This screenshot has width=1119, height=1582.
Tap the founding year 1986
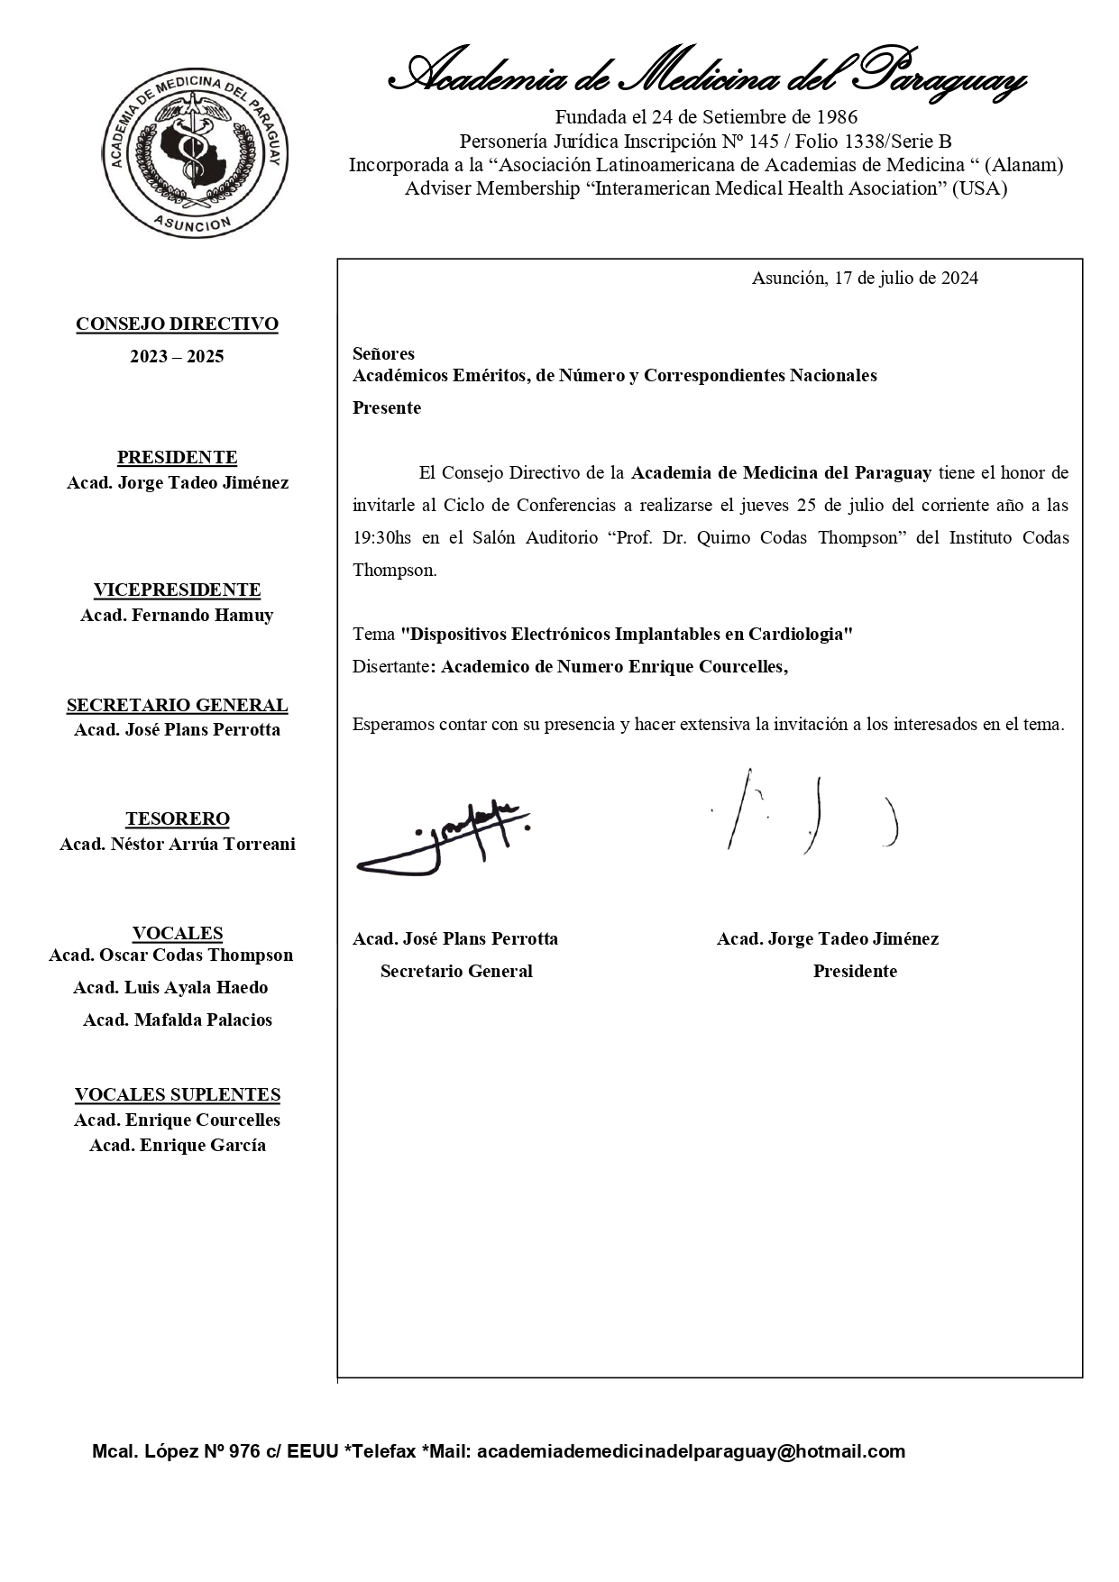[x=837, y=117]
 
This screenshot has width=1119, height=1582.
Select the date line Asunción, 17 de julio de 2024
[x=865, y=278]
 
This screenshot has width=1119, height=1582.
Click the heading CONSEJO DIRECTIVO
[x=177, y=325]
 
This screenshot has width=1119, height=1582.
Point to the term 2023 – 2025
[x=177, y=357]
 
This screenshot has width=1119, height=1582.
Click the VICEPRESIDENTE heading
[x=177, y=590]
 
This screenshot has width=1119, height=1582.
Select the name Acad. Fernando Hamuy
[x=177, y=616]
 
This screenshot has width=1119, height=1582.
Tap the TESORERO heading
[x=177, y=819]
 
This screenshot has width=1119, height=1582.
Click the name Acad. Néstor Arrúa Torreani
[x=177, y=845]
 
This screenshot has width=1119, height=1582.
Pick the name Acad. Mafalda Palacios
[x=177, y=1020]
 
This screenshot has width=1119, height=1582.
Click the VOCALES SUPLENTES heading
[x=177, y=1095]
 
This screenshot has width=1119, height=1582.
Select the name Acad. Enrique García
[x=177, y=1146]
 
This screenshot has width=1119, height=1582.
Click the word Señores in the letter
[x=383, y=353]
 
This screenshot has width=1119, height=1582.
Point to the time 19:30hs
[x=381, y=538]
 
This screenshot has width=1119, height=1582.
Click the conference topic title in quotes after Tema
[x=627, y=634]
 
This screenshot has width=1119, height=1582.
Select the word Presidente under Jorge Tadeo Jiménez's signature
[x=855, y=972]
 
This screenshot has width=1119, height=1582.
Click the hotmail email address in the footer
[x=691, y=1451]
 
